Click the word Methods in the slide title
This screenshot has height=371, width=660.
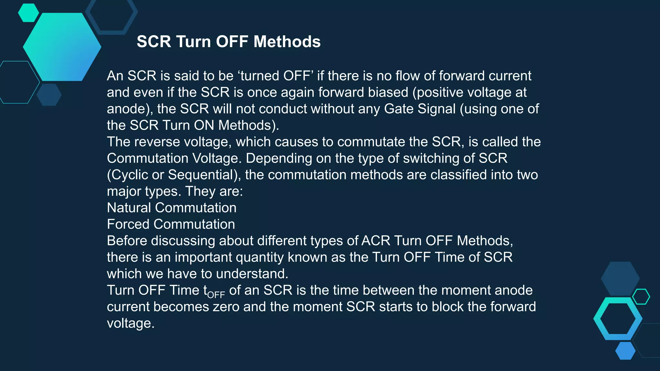287,42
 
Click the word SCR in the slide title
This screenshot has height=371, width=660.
154,42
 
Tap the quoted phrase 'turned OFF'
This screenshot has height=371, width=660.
276,76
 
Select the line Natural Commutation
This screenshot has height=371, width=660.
171,208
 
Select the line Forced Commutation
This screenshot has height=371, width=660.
171,224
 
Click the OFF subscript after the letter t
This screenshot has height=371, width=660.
216,295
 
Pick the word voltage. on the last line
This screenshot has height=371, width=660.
131,323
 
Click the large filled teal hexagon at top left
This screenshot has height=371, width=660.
62,47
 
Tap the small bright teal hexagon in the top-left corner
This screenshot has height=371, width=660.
28,13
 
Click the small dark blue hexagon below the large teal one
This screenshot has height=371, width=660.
49,95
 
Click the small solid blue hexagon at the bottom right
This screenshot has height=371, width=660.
625,351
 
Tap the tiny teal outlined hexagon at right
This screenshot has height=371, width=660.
641,297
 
